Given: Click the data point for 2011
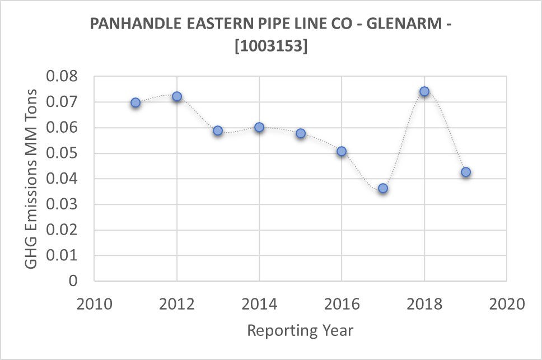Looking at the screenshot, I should click(x=135, y=102).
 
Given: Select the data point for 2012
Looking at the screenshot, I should click(x=177, y=96).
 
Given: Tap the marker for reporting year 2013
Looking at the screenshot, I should click(x=218, y=130).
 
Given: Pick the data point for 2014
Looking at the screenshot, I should click(x=259, y=127).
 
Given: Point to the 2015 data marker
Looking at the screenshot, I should click(x=301, y=133).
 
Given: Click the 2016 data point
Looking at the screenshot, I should click(x=342, y=151).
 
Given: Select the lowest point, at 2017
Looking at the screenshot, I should click(x=383, y=188).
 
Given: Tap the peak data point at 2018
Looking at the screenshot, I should click(x=424, y=91).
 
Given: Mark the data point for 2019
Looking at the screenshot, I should click(x=465, y=172).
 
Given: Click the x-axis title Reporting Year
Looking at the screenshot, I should click(x=300, y=330).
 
